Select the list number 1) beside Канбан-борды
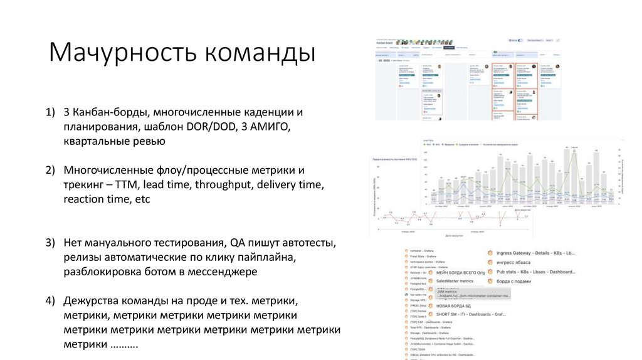pyautogui.click(x=51, y=112)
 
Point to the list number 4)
pyautogui.click(x=51, y=300)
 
